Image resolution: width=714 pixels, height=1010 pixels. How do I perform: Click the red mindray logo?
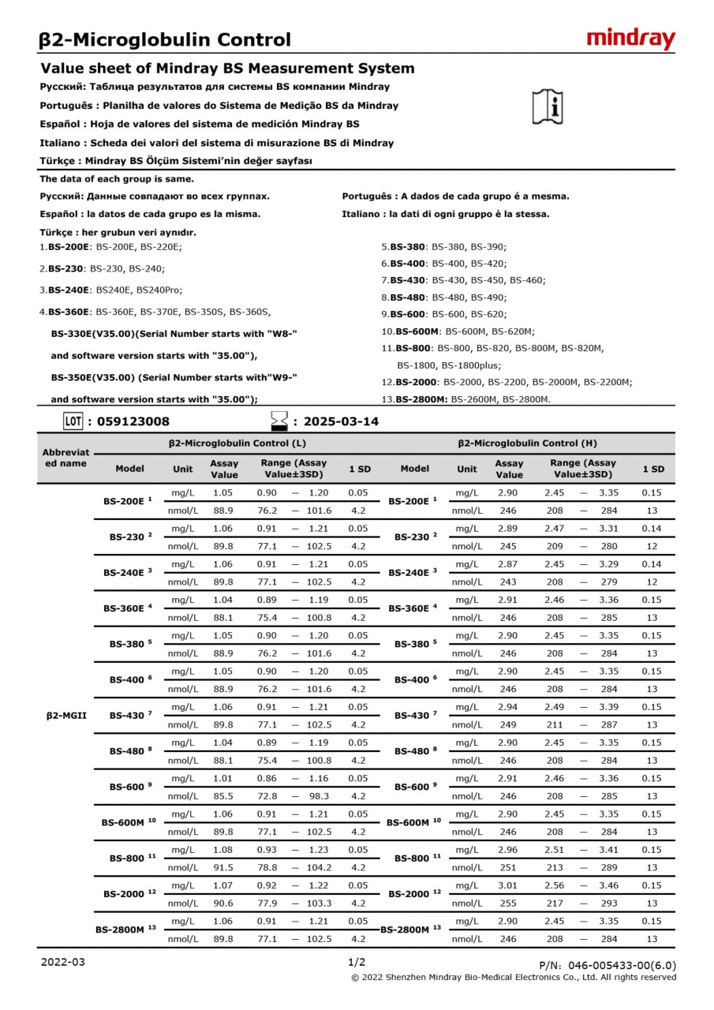point(630,39)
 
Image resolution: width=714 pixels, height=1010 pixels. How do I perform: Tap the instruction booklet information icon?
point(548,107)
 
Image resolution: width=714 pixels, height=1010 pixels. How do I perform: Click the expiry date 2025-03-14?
point(341,421)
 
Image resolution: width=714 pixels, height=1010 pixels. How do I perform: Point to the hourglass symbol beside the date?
point(278,421)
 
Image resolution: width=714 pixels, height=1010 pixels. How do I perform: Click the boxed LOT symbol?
point(73,421)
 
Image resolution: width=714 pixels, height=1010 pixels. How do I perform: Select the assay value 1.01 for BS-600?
point(222,778)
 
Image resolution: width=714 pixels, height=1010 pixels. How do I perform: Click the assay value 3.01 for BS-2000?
point(507,885)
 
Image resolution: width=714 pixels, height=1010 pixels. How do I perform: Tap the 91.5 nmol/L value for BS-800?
point(222,867)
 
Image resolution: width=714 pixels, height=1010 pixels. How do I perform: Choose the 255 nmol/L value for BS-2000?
point(507,903)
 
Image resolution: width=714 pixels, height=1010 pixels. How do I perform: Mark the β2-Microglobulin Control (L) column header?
point(237,443)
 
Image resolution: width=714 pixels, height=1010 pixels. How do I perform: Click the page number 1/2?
point(357,962)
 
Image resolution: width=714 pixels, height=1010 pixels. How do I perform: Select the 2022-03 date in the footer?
point(62,962)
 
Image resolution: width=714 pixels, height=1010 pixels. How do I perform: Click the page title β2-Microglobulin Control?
point(165,39)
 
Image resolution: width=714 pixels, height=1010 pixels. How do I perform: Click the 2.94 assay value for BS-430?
point(507,707)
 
